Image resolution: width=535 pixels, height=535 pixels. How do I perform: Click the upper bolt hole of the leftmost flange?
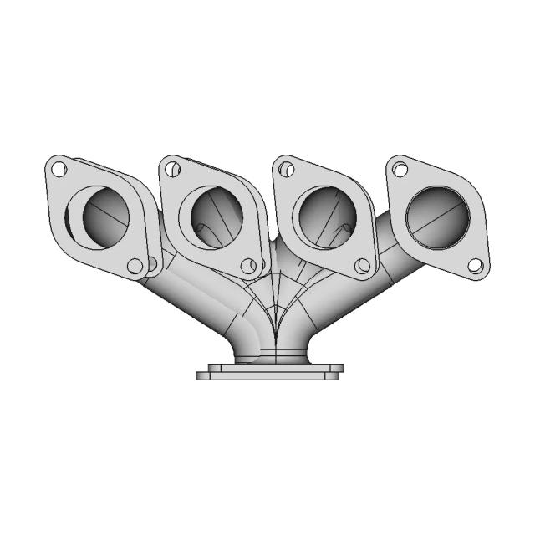[58, 170]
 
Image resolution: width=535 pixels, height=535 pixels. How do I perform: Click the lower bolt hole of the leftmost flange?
[134, 266]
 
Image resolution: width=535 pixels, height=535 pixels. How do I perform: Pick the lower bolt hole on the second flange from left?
[247, 266]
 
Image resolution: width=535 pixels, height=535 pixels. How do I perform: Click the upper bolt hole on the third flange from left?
[287, 170]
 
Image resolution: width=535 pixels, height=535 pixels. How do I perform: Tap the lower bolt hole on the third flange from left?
[362, 266]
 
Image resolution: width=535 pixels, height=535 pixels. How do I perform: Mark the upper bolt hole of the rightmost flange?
[400, 170]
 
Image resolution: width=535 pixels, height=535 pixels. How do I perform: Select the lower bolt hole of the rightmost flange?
[475, 267]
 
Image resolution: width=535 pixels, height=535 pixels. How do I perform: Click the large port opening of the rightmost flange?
[440, 217]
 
